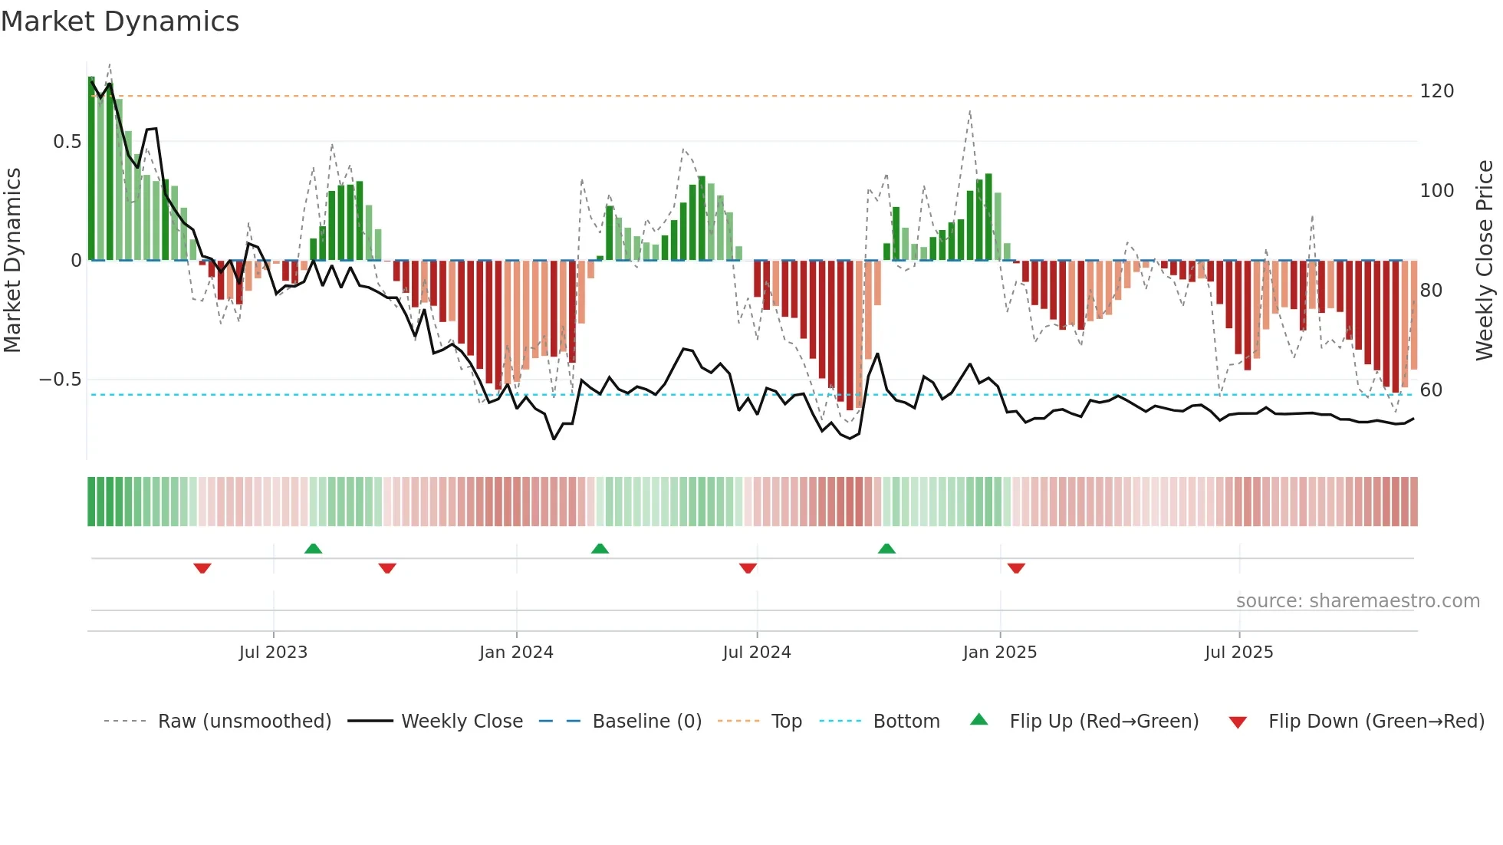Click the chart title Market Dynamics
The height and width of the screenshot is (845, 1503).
[120, 21]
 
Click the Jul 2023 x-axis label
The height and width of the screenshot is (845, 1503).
[273, 653]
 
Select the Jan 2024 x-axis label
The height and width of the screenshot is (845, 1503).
[516, 653]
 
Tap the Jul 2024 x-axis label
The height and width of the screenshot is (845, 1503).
[756, 653]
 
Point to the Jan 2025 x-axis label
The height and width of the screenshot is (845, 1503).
[999, 653]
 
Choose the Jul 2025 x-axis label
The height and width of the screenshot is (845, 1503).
[1238, 653]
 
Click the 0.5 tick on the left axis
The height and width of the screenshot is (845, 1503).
[67, 142]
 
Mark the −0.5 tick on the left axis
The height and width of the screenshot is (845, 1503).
[61, 380]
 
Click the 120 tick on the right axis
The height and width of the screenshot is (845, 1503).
[1436, 91]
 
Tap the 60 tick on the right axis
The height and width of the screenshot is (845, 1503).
[1431, 390]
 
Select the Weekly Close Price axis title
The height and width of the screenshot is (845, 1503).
[1485, 261]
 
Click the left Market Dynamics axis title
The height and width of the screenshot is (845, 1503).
[12, 261]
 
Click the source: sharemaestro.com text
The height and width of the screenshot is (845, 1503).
[1357, 601]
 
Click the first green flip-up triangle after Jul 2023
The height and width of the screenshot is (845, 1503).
[313, 548]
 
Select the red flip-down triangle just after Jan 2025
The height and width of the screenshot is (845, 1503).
[1016, 568]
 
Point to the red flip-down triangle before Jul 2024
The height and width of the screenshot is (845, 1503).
[748, 568]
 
